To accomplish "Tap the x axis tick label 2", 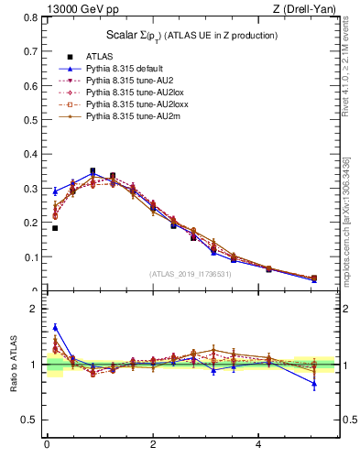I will (153, 445).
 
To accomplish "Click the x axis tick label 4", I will (259, 445).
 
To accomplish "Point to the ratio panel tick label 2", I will (33, 310).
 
